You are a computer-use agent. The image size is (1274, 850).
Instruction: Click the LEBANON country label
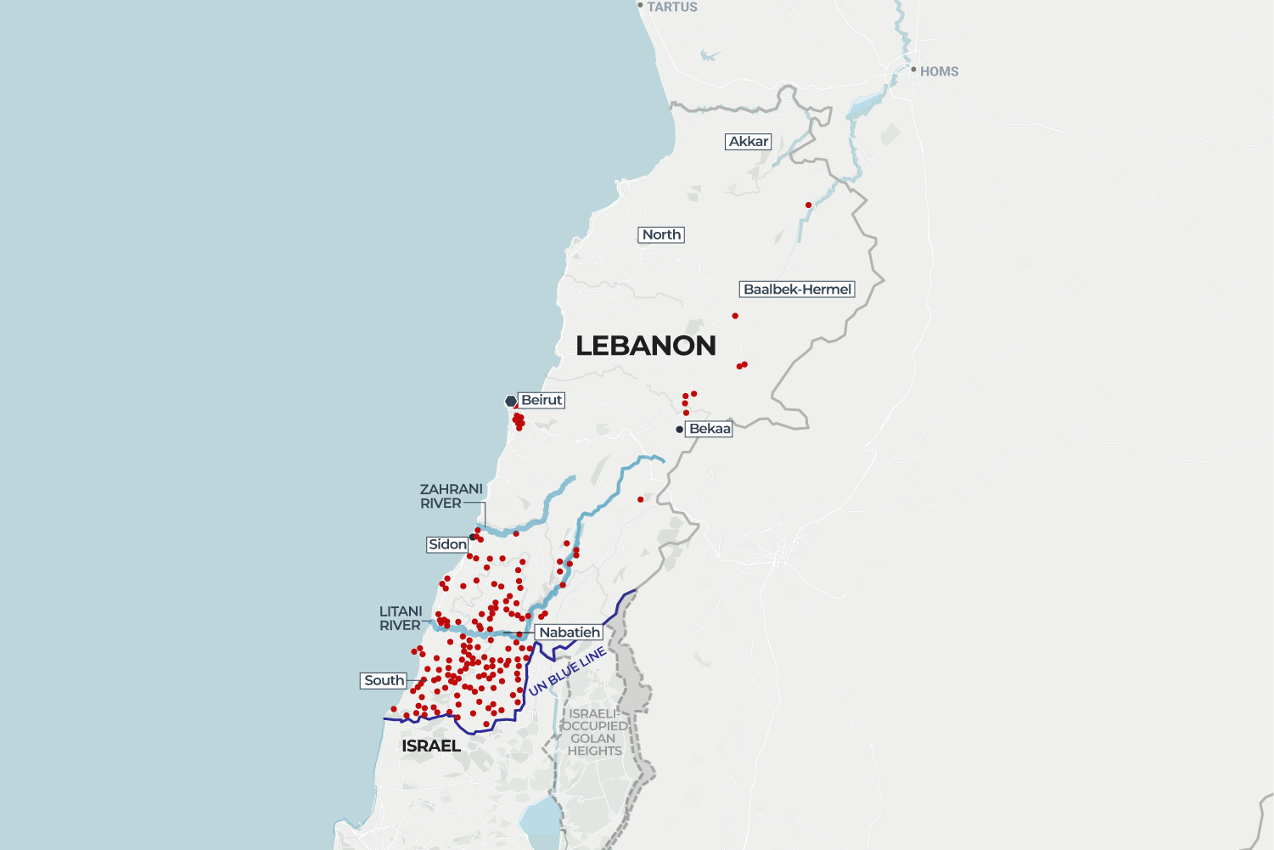[646, 346]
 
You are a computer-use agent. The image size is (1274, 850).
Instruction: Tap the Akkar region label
[749, 142]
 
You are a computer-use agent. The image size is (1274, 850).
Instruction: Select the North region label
[661, 235]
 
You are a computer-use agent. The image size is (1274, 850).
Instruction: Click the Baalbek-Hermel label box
[797, 290]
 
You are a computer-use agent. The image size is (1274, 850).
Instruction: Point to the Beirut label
[542, 400]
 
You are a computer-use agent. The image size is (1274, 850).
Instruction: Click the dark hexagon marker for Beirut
[511, 401]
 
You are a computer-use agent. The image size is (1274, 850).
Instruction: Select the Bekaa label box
[710, 429]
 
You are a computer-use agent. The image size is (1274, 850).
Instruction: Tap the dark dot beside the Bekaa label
[679, 430]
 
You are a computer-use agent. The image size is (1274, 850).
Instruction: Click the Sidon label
[447, 544]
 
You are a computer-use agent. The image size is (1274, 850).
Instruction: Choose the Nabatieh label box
[570, 633]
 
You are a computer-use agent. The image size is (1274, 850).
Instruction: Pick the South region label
[384, 681]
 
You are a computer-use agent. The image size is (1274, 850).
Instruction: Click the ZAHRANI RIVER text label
[451, 496]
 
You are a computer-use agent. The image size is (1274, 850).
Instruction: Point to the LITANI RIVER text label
[401, 618]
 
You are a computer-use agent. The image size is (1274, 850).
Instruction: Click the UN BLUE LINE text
[567, 672]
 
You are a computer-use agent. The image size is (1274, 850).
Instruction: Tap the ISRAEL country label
[431, 746]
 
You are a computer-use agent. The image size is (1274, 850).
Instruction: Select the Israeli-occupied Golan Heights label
[595, 732]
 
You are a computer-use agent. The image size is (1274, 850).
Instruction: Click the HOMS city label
[939, 72]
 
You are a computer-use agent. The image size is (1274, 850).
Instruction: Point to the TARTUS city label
[671, 7]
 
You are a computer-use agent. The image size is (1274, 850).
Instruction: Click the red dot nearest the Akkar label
[808, 205]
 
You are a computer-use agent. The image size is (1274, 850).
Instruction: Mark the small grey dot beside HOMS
[913, 70]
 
